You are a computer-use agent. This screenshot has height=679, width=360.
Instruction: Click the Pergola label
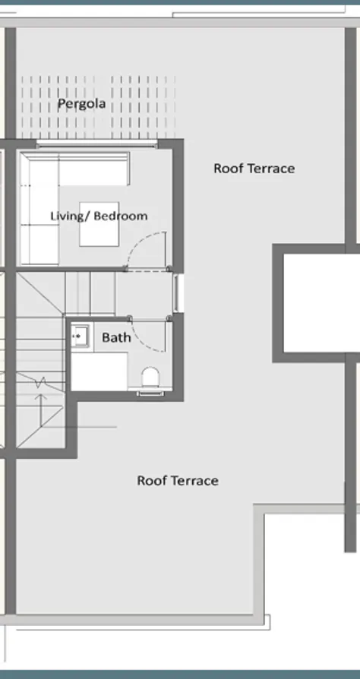point(81,103)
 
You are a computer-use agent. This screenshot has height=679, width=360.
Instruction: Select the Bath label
point(116,337)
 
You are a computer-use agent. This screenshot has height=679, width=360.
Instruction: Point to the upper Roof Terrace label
point(254,168)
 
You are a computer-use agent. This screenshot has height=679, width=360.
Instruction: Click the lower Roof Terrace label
point(178,480)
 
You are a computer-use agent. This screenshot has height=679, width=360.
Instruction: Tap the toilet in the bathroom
point(150,378)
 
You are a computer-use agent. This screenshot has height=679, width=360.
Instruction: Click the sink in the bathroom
point(80,335)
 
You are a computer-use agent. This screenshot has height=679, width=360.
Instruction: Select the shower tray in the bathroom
point(99,371)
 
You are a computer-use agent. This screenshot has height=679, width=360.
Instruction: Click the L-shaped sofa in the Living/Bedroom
point(46,190)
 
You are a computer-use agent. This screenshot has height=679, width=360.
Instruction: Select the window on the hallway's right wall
point(178,294)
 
